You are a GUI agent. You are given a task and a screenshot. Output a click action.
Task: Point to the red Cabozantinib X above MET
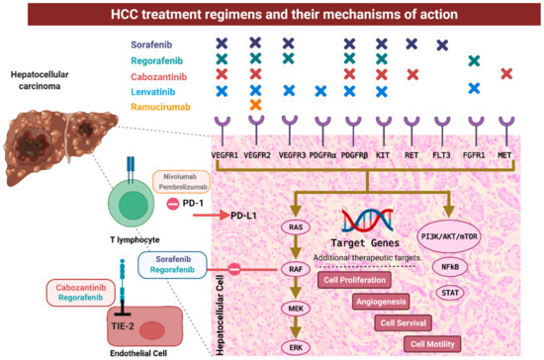(x=506, y=74)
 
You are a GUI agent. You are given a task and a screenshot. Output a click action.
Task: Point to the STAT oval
(x=450, y=294)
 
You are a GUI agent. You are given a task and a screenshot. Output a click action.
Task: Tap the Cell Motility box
(x=431, y=343)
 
